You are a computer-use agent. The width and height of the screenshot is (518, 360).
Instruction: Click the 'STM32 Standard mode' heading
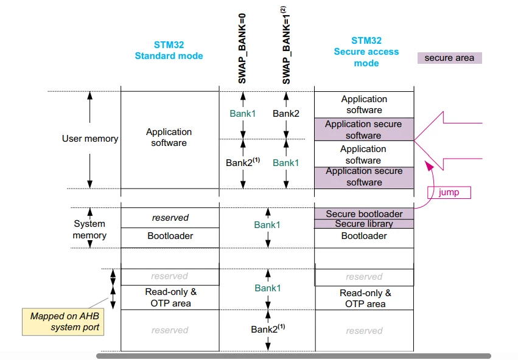[x=169, y=50]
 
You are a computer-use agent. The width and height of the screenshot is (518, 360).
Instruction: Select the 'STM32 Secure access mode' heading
[x=366, y=52]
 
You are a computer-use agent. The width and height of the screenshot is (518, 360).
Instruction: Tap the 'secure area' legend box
[x=449, y=58]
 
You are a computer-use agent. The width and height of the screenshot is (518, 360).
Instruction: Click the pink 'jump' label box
[x=449, y=192]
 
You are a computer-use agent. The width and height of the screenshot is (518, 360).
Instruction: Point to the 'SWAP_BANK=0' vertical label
[x=242, y=49]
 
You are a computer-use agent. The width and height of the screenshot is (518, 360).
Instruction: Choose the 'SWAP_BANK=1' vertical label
[x=285, y=45]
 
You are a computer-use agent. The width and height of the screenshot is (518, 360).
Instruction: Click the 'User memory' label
[x=90, y=139]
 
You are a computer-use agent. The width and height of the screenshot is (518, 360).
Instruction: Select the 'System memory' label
[x=89, y=229]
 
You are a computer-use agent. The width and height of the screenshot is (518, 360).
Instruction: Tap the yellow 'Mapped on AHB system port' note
[x=63, y=322]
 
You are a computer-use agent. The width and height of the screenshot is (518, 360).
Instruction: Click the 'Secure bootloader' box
[x=364, y=213]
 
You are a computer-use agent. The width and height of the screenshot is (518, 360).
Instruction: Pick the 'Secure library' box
[x=364, y=224]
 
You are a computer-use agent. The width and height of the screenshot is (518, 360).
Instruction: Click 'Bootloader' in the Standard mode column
[x=170, y=236]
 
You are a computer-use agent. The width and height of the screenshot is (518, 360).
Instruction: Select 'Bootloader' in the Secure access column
[x=364, y=236]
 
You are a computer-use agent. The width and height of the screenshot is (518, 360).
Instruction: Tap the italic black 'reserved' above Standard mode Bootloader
[x=170, y=218]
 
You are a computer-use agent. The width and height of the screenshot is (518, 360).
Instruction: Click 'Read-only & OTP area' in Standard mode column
[x=170, y=297]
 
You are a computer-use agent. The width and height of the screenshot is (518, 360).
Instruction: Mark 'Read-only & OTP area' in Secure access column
[x=365, y=299]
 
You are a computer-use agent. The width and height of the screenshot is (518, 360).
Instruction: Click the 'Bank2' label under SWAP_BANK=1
[x=285, y=114]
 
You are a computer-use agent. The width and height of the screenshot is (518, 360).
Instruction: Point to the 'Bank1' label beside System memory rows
[x=267, y=225]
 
